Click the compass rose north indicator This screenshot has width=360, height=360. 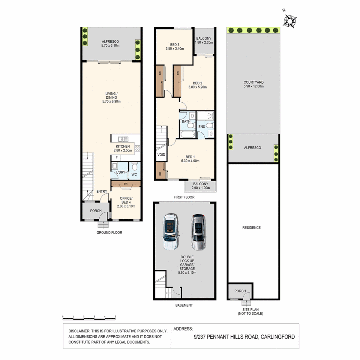[290, 21]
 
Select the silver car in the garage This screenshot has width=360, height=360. [198, 232]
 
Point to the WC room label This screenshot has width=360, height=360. [134, 174]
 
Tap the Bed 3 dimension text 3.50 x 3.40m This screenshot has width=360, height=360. [175, 49]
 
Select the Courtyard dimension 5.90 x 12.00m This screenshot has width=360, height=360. [253, 86]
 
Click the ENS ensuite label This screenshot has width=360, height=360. [202, 127]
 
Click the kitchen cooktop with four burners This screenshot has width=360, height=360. [137, 149]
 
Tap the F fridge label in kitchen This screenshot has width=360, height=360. [117, 158]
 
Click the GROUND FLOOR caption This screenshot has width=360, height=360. [109, 233]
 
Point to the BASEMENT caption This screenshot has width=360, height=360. [184, 305]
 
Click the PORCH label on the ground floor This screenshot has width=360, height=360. [96, 211]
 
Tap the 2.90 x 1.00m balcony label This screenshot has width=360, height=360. [200, 188]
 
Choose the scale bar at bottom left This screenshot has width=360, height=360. [89, 316]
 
